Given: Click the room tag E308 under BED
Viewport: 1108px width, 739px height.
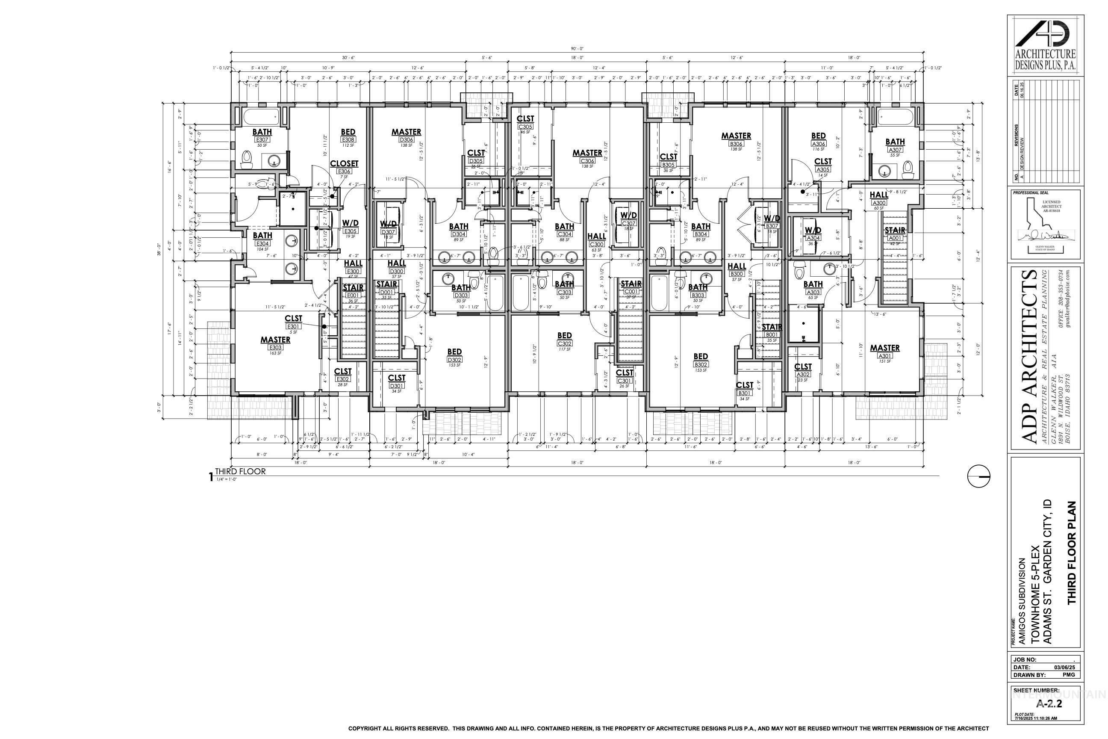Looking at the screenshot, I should point(348,139).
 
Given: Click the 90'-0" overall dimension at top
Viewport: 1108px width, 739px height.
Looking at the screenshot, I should point(577,49).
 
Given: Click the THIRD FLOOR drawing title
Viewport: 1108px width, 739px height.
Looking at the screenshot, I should point(240,471).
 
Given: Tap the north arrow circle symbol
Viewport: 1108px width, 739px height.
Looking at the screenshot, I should point(978,476).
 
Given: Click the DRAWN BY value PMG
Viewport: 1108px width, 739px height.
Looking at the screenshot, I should point(1068,674).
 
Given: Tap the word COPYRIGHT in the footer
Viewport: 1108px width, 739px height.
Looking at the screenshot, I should point(364,728).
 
